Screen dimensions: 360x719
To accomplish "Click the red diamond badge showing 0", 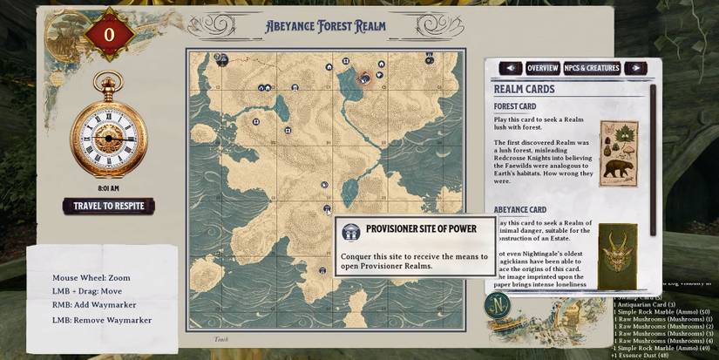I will pyautogui.click(x=108, y=34).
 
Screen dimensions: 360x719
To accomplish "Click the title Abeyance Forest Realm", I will pyautogui.click(x=326, y=27).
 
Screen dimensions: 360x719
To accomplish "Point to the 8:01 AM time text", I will pyautogui.click(x=109, y=187).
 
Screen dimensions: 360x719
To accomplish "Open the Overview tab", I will pyautogui.click(x=542, y=68).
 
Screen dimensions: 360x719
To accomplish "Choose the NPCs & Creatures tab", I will pyautogui.click(x=592, y=68).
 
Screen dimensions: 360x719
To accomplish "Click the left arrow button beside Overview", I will pyautogui.click(x=511, y=68).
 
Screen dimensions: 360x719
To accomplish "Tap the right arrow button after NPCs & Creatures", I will pyautogui.click(x=636, y=68).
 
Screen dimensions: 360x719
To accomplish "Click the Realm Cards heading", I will pyautogui.click(x=526, y=89).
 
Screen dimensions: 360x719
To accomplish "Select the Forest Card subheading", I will pyautogui.click(x=515, y=107).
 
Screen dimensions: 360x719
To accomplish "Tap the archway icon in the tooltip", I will pyautogui.click(x=350, y=232).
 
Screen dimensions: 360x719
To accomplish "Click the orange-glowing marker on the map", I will pyautogui.click(x=366, y=78).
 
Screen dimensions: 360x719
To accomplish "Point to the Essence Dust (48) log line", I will pyautogui.click(x=641, y=356).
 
